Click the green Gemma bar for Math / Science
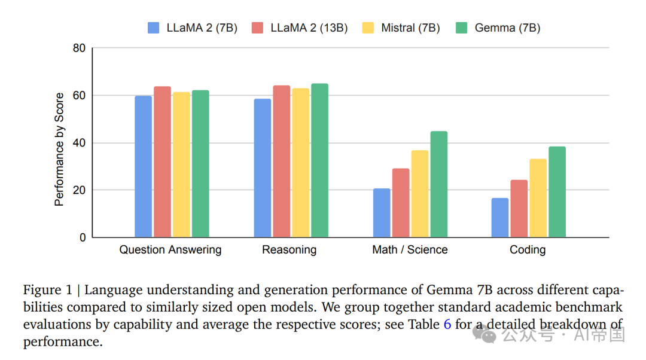pos(438,184)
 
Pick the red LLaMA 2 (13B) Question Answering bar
pos(162,162)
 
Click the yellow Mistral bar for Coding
pos(538,198)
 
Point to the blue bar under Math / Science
pos(382,213)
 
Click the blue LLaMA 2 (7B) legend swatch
pos(154,28)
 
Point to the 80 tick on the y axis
pos(79,48)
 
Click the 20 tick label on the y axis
pos(79,190)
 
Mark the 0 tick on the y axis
pos(82,237)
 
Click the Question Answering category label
pos(170,250)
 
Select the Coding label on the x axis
pos(527,250)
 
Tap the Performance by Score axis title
pos(59,150)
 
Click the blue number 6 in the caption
pos(447,324)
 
